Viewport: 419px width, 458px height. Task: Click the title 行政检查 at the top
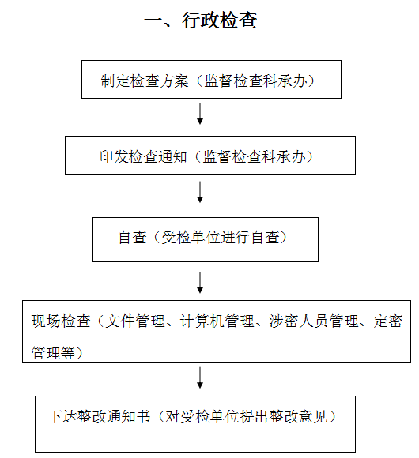220,21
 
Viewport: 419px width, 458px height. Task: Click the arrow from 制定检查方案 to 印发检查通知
200,114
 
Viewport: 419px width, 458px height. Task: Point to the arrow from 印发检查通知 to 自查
200,192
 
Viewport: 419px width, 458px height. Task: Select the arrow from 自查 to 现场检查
200,283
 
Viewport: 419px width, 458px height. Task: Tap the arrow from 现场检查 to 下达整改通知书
200,377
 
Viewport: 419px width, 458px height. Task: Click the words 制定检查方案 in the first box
145,81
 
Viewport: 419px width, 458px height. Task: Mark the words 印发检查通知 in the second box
143,157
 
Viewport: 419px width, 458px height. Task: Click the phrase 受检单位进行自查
220,237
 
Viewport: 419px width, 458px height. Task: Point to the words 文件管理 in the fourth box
134,321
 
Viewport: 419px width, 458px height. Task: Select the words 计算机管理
217,321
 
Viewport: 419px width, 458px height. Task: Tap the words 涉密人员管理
314,321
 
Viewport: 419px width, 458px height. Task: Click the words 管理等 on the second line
53,352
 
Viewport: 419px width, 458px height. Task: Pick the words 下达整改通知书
100,416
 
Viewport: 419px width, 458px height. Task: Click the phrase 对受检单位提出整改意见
246,416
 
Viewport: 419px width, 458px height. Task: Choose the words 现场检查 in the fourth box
61,321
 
